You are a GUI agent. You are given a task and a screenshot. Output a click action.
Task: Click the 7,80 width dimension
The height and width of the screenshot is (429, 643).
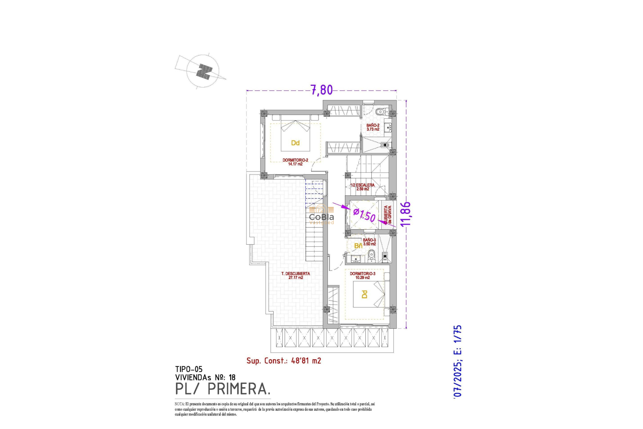(321, 90)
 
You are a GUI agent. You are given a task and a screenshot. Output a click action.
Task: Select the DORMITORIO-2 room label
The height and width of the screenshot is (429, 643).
(295, 162)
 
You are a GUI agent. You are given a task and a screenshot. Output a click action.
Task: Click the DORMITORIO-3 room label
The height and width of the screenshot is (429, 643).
(362, 275)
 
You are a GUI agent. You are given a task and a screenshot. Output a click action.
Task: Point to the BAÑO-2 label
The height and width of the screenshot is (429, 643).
(373, 127)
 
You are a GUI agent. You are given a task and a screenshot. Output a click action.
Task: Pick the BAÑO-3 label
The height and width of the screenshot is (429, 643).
(369, 242)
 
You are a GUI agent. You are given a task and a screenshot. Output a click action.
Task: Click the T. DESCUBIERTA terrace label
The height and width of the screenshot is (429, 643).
(295, 275)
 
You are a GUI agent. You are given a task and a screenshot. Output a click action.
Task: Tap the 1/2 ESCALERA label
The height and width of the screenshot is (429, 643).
(362, 187)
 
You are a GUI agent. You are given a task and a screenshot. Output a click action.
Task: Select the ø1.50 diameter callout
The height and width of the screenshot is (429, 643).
(364, 215)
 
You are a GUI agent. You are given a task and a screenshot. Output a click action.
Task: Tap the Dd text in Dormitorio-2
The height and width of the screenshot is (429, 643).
(295, 143)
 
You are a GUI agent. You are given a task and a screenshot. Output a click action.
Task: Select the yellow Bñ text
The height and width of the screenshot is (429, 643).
(358, 246)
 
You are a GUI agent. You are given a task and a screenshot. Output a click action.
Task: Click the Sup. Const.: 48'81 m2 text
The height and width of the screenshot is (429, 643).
(284, 361)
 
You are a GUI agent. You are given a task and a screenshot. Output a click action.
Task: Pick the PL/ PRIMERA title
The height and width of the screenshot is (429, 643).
(222, 389)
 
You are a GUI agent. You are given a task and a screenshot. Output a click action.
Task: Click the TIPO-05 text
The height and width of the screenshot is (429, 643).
(189, 369)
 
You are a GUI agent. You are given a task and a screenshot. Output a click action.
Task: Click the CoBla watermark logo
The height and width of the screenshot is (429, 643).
(321, 217)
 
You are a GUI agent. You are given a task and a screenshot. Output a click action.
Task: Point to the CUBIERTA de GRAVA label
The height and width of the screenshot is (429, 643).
(387, 214)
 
